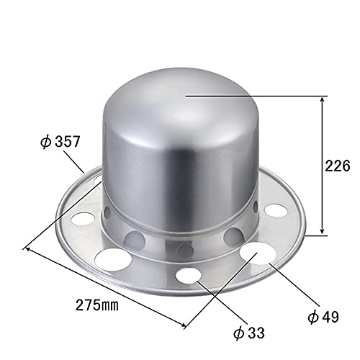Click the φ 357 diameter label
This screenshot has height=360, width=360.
click(60, 142)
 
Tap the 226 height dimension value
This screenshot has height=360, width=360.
click(338, 166)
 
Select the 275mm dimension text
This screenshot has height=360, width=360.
click(97, 305)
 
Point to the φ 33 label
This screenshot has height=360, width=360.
click(249, 333)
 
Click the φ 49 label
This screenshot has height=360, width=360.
click(323, 317)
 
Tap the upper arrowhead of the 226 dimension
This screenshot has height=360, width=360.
click(323, 100)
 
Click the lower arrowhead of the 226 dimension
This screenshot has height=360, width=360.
click(323, 230)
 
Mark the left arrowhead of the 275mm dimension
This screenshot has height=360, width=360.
click(28, 250)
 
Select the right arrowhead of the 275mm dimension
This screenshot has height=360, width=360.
click(183, 325)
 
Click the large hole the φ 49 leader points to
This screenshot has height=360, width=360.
click(258, 253)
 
